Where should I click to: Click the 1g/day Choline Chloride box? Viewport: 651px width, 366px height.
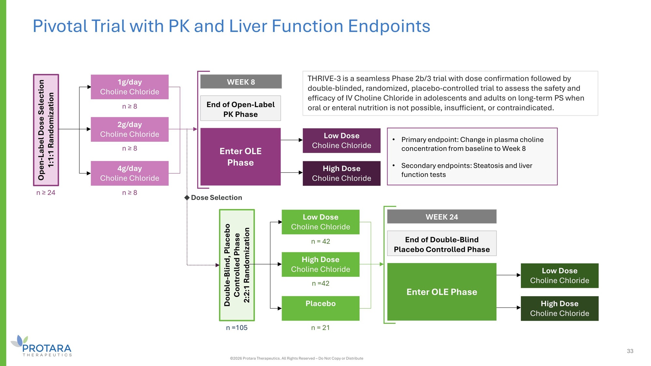pyautogui.click(x=130, y=87)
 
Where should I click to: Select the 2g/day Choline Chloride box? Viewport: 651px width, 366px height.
pyautogui.click(x=130, y=129)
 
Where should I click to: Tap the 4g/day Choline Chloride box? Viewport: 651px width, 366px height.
pyautogui.click(x=130, y=173)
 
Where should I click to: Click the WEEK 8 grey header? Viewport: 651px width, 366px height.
pyautogui.click(x=241, y=82)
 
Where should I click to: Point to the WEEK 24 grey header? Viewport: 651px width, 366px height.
pyautogui.click(x=442, y=217)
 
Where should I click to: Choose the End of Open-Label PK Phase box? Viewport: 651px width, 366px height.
pyautogui.click(x=241, y=109)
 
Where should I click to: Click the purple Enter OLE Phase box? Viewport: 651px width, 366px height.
pyautogui.click(x=241, y=157)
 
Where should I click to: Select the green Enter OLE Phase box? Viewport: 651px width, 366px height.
pyautogui.click(x=442, y=292)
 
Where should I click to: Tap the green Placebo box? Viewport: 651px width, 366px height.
pyautogui.click(x=320, y=308)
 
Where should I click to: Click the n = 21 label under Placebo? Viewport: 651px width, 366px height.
pyautogui.click(x=320, y=328)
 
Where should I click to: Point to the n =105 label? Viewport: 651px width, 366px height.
pyautogui.click(x=237, y=328)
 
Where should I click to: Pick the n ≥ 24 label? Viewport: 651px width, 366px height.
pyautogui.click(x=46, y=192)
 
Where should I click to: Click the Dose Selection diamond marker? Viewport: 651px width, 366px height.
pyautogui.click(x=187, y=198)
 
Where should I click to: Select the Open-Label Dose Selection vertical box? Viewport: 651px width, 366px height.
pyautogui.click(x=46, y=130)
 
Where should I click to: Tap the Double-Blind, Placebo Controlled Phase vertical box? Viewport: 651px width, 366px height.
pyautogui.click(x=237, y=265)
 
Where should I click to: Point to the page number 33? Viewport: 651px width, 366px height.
pyautogui.click(x=630, y=351)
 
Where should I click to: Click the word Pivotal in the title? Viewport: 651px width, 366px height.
pyautogui.click(x=60, y=26)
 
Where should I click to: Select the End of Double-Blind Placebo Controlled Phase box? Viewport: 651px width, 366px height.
pyautogui.click(x=442, y=244)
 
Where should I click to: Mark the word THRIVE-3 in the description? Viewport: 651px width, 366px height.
pyautogui.click(x=324, y=78)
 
